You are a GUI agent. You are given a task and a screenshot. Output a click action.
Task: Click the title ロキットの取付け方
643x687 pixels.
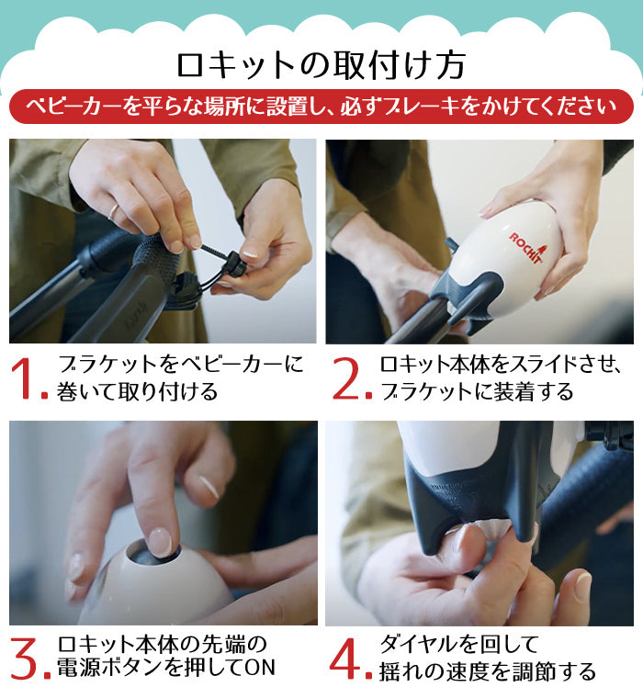(321, 66)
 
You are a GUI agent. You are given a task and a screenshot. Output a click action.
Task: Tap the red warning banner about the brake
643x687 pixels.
(321, 107)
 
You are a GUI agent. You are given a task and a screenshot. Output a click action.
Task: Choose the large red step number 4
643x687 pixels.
(348, 659)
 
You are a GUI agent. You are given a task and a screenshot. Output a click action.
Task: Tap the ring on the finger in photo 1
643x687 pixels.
(114, 211)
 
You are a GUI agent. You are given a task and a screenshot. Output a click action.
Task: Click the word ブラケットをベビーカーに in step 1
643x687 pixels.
(181, 365)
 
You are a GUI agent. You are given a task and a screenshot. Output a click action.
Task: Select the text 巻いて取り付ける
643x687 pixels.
(137, 391)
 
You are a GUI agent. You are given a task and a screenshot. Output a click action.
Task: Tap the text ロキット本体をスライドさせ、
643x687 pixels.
(500, 365)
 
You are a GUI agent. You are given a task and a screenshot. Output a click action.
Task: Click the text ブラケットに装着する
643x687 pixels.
(477, 391)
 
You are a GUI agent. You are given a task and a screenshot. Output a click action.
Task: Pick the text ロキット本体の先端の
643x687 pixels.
(163, 644)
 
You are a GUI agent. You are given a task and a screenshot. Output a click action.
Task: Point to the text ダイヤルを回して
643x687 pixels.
(459, 644)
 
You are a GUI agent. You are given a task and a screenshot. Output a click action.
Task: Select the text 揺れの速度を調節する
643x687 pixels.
(488, 670)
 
